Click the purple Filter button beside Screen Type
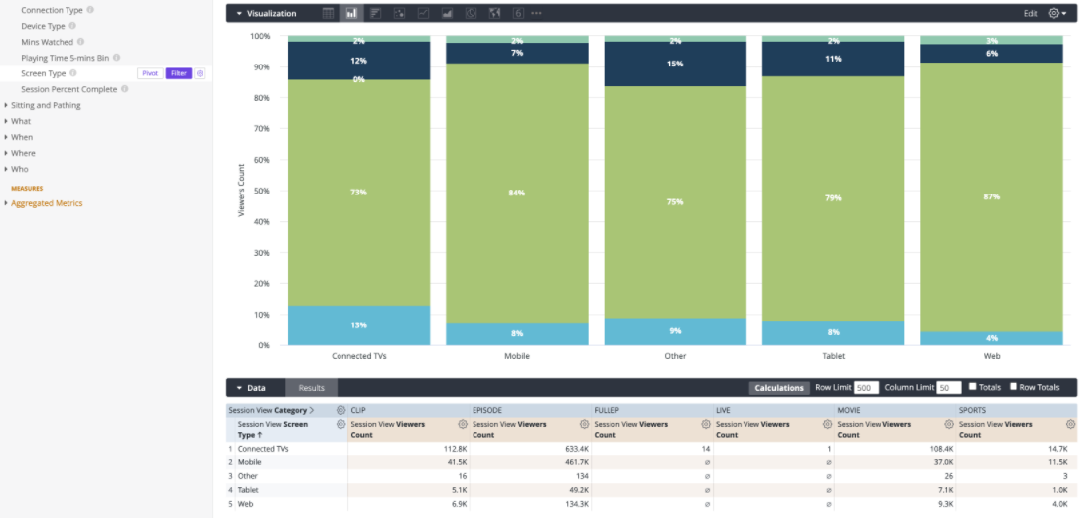point(179,73)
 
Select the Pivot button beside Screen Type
point(150,73)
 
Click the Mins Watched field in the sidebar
point(47,42)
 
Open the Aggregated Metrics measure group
point(47,203)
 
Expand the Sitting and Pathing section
point(46,105)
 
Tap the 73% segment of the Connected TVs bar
point(358,193)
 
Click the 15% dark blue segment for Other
point(675,64)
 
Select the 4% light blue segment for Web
point(992,338)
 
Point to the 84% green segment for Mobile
point(516,193)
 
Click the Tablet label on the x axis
point(833,356)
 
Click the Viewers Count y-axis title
point(242,191)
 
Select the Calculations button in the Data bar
point(779,387)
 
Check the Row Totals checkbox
point(1014,387)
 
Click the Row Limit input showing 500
point(867,387)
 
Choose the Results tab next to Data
point(311,387)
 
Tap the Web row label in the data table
point(245,504)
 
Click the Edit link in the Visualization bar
point(1030,13)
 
